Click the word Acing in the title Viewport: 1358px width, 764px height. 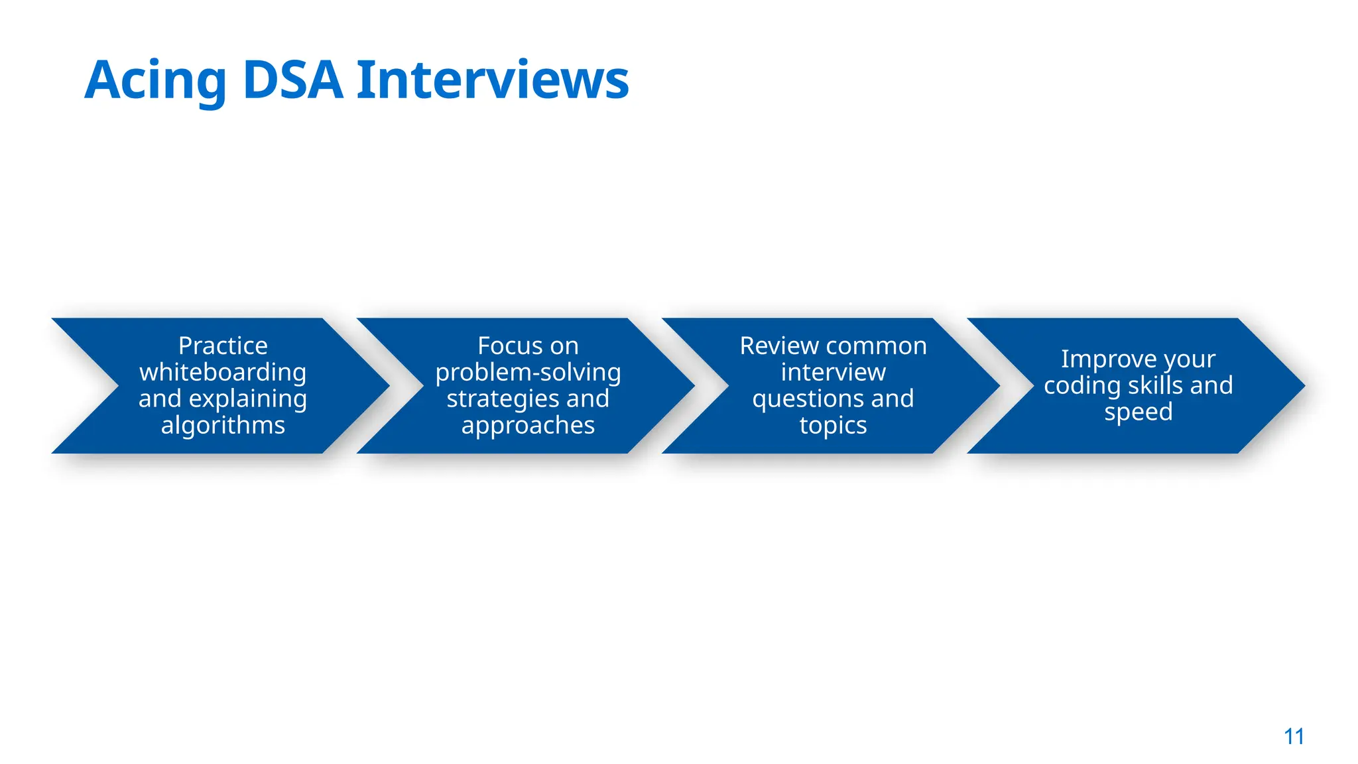point(156,81)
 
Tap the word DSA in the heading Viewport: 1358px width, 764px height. point(292,81)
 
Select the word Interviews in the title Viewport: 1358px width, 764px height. point(493,81)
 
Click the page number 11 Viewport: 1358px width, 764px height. point(1294,736)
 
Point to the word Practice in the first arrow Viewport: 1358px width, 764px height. point(223,346)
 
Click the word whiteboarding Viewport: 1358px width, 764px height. point(223,372)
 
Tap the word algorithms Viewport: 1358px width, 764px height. point(223,425)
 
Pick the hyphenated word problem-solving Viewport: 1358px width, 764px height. point(528,372)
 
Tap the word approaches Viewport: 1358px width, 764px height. point(528,425)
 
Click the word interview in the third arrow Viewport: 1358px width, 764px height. point(833,372)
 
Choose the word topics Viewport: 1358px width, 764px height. point(833,425)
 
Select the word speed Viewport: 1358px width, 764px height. point(1138,412)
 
